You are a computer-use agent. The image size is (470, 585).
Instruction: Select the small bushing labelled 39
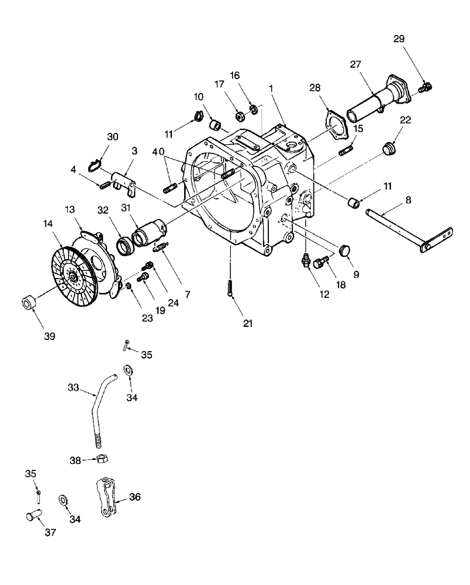point(30,304)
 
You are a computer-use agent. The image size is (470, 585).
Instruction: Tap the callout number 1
point(271,87)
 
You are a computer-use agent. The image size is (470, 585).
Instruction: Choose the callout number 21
point(248,323)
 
